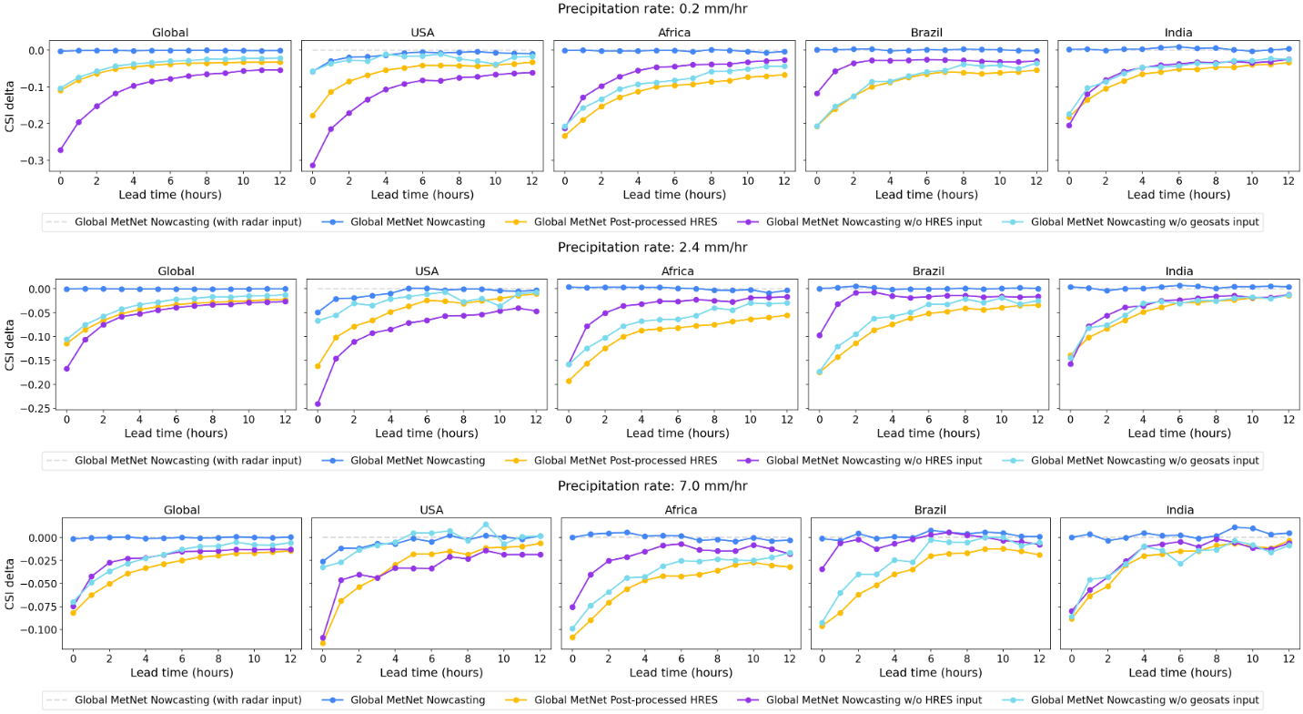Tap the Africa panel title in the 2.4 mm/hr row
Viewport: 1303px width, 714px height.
(x=674, y=270)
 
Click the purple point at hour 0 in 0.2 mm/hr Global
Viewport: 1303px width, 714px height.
(x=60, y=149)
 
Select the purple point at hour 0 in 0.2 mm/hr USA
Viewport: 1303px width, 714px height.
(x=313, y=165)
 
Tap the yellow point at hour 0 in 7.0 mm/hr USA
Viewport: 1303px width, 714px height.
(x=323, y=643)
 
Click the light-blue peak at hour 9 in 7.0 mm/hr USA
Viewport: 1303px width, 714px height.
(x=486, y=525)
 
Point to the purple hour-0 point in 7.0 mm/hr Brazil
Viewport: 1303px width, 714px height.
(x=823, y=569)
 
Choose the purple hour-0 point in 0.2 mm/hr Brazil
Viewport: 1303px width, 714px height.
(x=816, y=93)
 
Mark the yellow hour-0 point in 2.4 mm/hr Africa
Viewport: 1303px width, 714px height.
(x=569, y=381)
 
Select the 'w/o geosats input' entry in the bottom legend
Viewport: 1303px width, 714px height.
(x=1146, y=699)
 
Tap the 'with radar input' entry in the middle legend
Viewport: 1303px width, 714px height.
(x=187, y=461)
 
